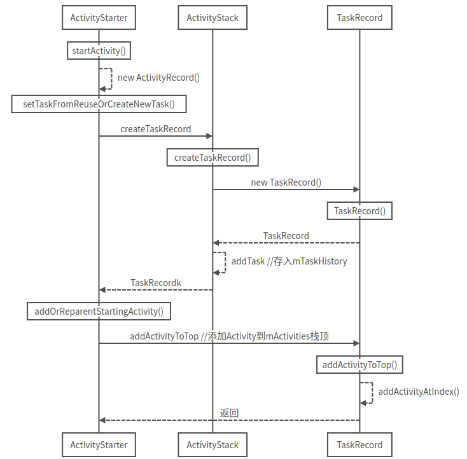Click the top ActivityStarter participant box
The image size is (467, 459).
(99, 18)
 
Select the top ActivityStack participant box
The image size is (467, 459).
(213, 18)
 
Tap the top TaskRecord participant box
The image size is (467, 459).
(359, 18)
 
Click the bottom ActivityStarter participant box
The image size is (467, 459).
(99, 444)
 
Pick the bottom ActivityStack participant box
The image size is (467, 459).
(213, 444)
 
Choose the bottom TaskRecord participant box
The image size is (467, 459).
(359, 444)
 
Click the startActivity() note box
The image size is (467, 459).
(99, 51)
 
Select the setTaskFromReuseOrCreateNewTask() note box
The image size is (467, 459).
(99, 104)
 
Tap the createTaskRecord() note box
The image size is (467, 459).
(213, 158)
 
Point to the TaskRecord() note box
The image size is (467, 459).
(359, 211)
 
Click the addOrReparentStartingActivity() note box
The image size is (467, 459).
(99, 312)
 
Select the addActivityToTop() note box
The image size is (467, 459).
(359, 365)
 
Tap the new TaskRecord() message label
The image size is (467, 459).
(286, 182)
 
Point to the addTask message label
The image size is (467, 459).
(289, 261)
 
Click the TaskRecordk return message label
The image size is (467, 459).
(156, 283)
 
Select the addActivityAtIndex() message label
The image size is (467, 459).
(419, 392)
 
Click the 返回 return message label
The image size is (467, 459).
(229, 413)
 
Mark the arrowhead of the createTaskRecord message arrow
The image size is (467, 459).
(209, 135)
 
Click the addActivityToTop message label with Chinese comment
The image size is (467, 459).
(229, 336)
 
